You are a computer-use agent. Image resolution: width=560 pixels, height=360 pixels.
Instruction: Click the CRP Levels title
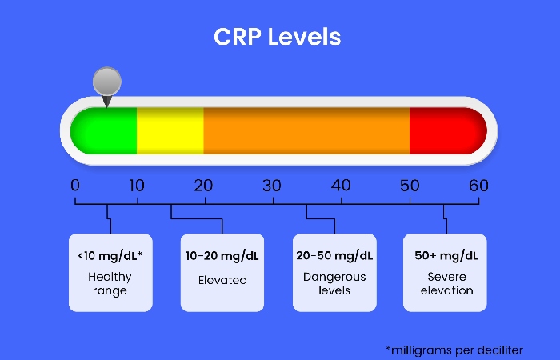click(x=277, y=37)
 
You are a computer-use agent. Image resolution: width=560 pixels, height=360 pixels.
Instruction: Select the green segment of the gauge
click(x=103, y=130)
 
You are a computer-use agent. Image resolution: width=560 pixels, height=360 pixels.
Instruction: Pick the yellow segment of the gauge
click(x=170, y=130)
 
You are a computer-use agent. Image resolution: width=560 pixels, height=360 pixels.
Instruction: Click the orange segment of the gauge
click(x=306, y=130)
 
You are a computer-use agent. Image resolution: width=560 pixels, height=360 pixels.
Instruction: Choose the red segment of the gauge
click(x=448, y=130)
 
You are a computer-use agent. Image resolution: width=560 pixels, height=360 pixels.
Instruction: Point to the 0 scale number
click(x=75, y=186)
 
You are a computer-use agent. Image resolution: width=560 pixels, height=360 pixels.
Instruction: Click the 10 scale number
click(x=137, y=186)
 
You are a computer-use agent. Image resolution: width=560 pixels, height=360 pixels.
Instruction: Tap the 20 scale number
click(x=203, y=186)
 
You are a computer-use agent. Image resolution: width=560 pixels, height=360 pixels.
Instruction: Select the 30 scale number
click(x=272, y=186)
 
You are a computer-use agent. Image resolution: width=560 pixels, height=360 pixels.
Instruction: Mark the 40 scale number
click(x=341, y=186)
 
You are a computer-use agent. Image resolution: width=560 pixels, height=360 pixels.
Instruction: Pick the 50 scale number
click(x=410, y=186)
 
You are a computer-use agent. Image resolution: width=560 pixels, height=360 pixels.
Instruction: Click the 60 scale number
click(x=478, y=186)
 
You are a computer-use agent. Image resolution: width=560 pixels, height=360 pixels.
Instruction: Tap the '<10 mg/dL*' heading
click(x=110, y=256)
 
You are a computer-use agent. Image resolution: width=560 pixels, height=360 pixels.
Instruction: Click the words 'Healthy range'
click(x=110, y=283)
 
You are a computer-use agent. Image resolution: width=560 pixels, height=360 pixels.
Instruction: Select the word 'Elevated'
click(x=222, y=280)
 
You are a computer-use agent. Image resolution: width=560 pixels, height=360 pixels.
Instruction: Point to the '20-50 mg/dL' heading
click(x=334, y=256)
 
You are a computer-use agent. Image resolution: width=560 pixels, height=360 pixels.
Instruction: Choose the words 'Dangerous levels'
click(x=334, y=283)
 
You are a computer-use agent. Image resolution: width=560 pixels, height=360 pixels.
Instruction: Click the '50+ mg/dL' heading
click(x=446, y=256)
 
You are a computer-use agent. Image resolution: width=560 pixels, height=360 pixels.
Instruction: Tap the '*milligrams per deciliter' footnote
click(x=454, y=350)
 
